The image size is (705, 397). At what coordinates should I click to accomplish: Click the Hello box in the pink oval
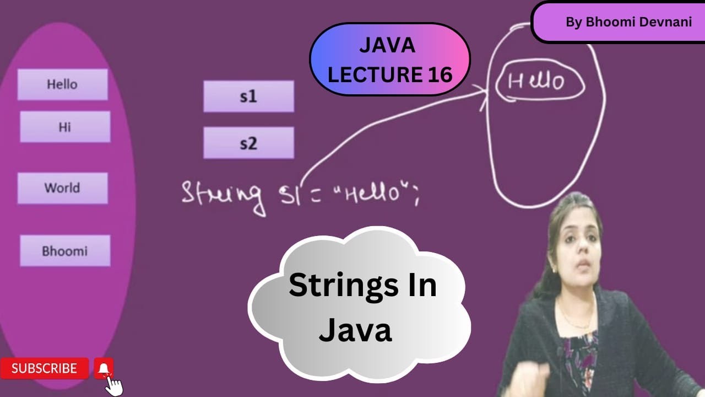(62, 84)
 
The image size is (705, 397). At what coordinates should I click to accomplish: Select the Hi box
(65, 127)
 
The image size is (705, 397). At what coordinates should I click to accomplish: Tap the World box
(62, 188)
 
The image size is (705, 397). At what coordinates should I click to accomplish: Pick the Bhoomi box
(65, 251)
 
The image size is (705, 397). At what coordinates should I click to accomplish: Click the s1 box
(248, 96)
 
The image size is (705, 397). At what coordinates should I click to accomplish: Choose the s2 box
(248, 143)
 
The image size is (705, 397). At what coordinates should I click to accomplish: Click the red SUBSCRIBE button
(44, 368)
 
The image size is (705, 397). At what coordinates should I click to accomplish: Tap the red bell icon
(104, 368)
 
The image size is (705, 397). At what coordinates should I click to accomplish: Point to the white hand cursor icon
(114, 385)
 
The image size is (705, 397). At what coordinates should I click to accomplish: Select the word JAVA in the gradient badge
(387, 46)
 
